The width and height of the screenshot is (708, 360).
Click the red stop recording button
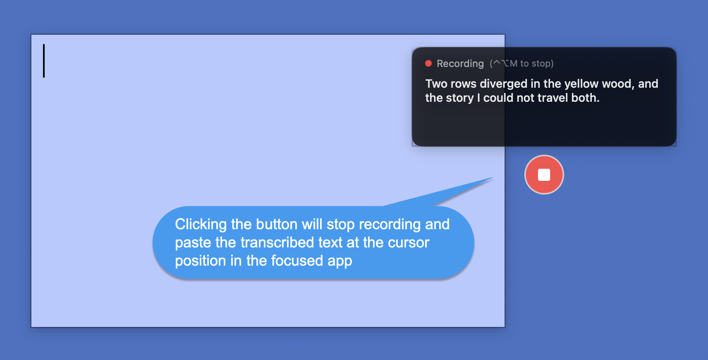click(x=544, y=175)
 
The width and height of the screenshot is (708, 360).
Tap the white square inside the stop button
click(x=544, y=175)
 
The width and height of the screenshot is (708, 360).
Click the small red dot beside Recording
click(x=428, y=64)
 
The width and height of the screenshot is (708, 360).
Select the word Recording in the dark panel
click(x=460, y=64)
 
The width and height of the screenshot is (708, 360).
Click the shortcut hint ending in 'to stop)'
click(x=522, y=64)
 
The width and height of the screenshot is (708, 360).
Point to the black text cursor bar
click(x=44, y=61)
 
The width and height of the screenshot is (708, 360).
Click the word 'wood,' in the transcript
click(x=618, y=84)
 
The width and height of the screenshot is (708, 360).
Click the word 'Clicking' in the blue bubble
click(x=201, y=225)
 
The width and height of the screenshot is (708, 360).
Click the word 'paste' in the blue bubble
click(x=193, y=243)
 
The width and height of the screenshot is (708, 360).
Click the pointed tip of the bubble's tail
click(x=493, y=177)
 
